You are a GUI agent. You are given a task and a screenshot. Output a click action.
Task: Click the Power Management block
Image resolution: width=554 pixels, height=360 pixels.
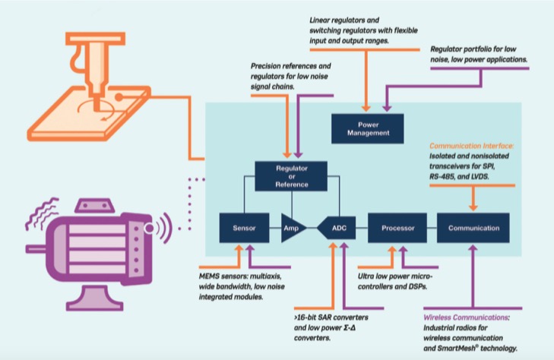pyautogui.click(x=368, y=129)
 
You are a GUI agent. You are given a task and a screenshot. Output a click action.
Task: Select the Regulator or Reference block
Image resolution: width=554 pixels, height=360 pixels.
pyautogui.click(x=291, y=176)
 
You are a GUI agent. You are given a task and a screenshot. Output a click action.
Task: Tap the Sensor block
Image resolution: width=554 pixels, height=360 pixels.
pyautogui.click(x=244, y=228)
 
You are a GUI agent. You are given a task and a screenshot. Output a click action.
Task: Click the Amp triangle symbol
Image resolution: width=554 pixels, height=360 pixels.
pyautogui.click(x=291, y=228)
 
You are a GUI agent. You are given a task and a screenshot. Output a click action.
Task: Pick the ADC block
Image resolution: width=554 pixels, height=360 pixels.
pyautogui.click(x=337, y=228)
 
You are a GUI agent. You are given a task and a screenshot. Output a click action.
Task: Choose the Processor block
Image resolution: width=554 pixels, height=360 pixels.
pyautogui.click(x=397, y=228)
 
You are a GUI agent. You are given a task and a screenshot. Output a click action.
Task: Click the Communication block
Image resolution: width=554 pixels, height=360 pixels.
pyautogui.click(x=473, y=228)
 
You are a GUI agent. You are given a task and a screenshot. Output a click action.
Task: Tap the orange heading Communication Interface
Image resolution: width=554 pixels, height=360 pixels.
pyautogui.click(x=472, y=146)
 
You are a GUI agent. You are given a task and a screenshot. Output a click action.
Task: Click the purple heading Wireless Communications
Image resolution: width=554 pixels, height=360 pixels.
pyautogui.click(x=467, y=317)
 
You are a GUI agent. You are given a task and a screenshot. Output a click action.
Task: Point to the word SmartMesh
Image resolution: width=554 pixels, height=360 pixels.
pyautogui.click(x=457, y=349)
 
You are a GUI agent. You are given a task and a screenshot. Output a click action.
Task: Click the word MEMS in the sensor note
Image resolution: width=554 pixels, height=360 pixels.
pyautogui.click(x=209, y=276)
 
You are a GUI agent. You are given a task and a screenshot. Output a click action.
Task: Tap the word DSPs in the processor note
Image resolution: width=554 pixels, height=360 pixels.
pyautogui.click(x=418, y=286)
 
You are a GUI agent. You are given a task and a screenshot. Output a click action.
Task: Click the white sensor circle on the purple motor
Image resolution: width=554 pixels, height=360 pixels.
pyautogui.click(x=150, y=229)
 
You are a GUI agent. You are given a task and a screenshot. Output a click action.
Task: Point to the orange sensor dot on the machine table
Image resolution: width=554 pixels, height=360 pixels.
pyautogui.click(x=119, y=97)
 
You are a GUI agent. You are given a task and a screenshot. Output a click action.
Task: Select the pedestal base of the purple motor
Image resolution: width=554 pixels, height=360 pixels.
pyautogui.click(x=95, y=298)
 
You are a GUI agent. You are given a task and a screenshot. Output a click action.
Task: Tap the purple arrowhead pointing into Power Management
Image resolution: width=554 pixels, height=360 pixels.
pyautogui.click(x=387, y=108)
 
